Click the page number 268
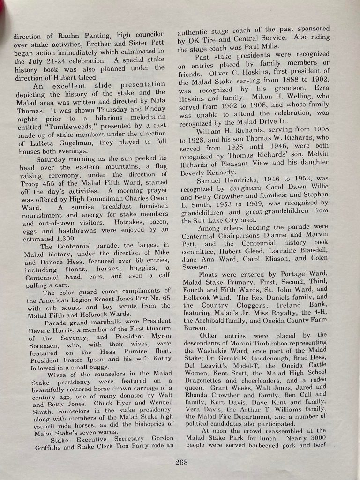point(181,462)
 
